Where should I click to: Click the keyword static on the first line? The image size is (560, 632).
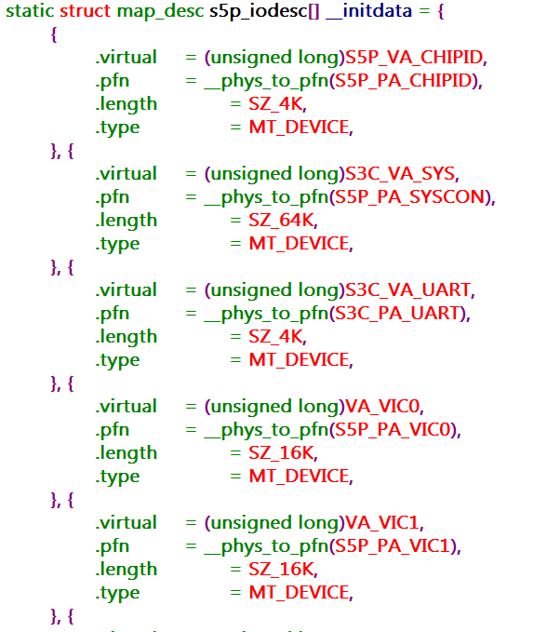click(30, 10)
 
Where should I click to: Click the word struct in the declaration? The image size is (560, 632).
click(85, 10)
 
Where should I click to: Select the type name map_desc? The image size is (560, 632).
click(160, 12)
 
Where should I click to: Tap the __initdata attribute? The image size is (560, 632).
click(369, 12)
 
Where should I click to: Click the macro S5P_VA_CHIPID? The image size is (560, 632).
click(414, 58)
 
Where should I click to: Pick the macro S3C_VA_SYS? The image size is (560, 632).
click(400, 174)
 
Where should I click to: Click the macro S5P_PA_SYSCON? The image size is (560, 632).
click(409, 197)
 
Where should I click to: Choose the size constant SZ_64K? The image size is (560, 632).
click(281, 221)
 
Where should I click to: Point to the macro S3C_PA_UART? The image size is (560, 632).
click(397, 314)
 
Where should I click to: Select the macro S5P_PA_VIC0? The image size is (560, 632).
click(393, 430)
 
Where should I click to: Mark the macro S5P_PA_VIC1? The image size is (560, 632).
click(393, 546)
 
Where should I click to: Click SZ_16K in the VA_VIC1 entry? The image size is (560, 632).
click(281, 570)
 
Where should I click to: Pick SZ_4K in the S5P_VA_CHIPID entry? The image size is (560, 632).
click(275, 104)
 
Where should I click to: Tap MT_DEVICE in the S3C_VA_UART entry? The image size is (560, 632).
click(300, 360)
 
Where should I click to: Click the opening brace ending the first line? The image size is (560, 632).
click(441, 11)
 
